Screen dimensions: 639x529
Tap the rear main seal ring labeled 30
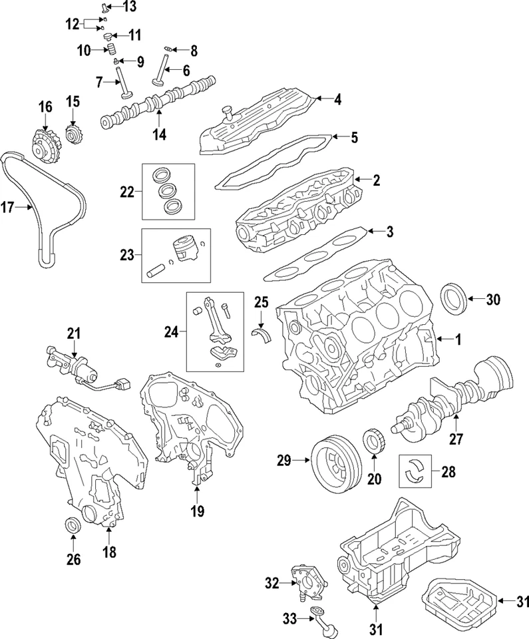[455, 299]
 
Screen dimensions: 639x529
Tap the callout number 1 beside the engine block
[457, 339]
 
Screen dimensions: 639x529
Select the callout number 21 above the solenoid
[73, 333]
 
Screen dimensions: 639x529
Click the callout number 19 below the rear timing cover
[198, 511]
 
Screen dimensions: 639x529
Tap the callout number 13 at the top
[128, 7]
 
